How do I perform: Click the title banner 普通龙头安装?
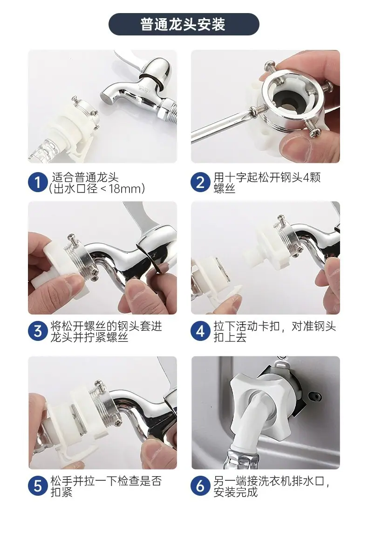pyautogui.click(x=184, y=24)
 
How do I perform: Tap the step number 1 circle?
pyautogui.click(x=38, y=182)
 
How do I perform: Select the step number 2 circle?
pyautogui.click(x=200, y=182)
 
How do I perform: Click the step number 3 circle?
pyautogui.click(x=38, y=331)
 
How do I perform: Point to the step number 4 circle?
pyautogui.click(x=200, y=331)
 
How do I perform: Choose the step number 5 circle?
pyautogui.click(x=38, y=486)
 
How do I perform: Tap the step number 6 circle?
pyautogui.click(x=200, y=486)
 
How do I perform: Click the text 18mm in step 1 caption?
pyautogui.click(x=125, y=188)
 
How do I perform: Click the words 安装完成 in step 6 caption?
pyautogui.click(x=236, y=492)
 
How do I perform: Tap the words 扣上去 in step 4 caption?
pyautogui.click(x=230, y=337)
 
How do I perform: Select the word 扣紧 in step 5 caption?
pyautogui.click(x=61, y=492)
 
